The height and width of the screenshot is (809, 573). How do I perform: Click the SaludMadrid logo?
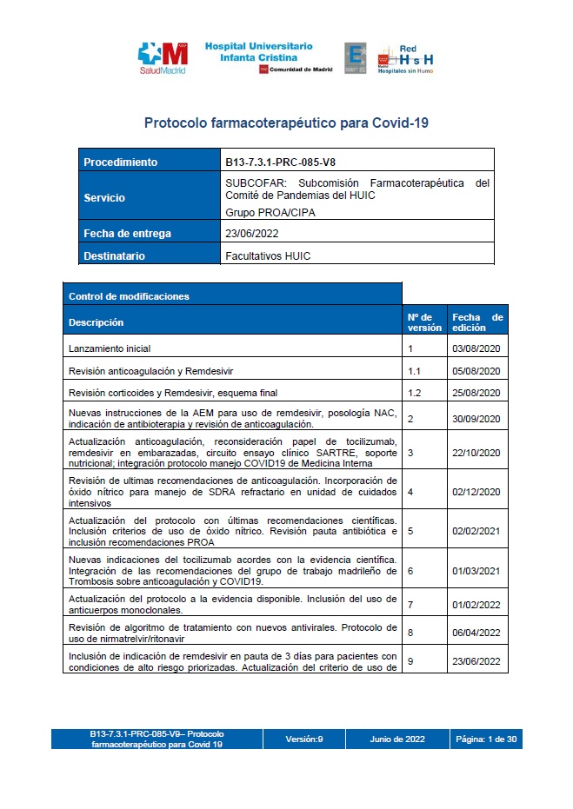pos(163,58)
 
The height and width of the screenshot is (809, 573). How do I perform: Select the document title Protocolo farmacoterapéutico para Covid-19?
pos(286,123)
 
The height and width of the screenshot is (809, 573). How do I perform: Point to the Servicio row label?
pos(104,197)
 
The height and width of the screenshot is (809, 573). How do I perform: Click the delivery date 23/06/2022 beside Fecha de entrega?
pos(251,233)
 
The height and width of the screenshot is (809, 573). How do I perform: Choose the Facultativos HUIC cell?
pos(268,255)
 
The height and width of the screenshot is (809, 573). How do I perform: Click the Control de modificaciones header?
pos(128,295)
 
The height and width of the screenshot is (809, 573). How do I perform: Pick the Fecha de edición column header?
pos(476,322)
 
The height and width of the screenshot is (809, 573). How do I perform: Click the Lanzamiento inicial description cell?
pos(110,348)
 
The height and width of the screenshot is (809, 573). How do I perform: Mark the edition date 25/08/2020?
pos(476,393)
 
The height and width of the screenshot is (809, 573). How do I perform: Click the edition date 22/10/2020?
pos(476,453)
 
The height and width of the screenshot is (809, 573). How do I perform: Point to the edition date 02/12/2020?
pos(476,491)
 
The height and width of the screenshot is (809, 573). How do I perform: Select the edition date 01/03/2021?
pos(476,570)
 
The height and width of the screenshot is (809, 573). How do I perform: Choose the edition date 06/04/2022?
pos(476,633)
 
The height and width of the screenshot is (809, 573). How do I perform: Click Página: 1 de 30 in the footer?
pos(487,739)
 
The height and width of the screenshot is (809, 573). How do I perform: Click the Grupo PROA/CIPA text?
pos(270,212)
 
